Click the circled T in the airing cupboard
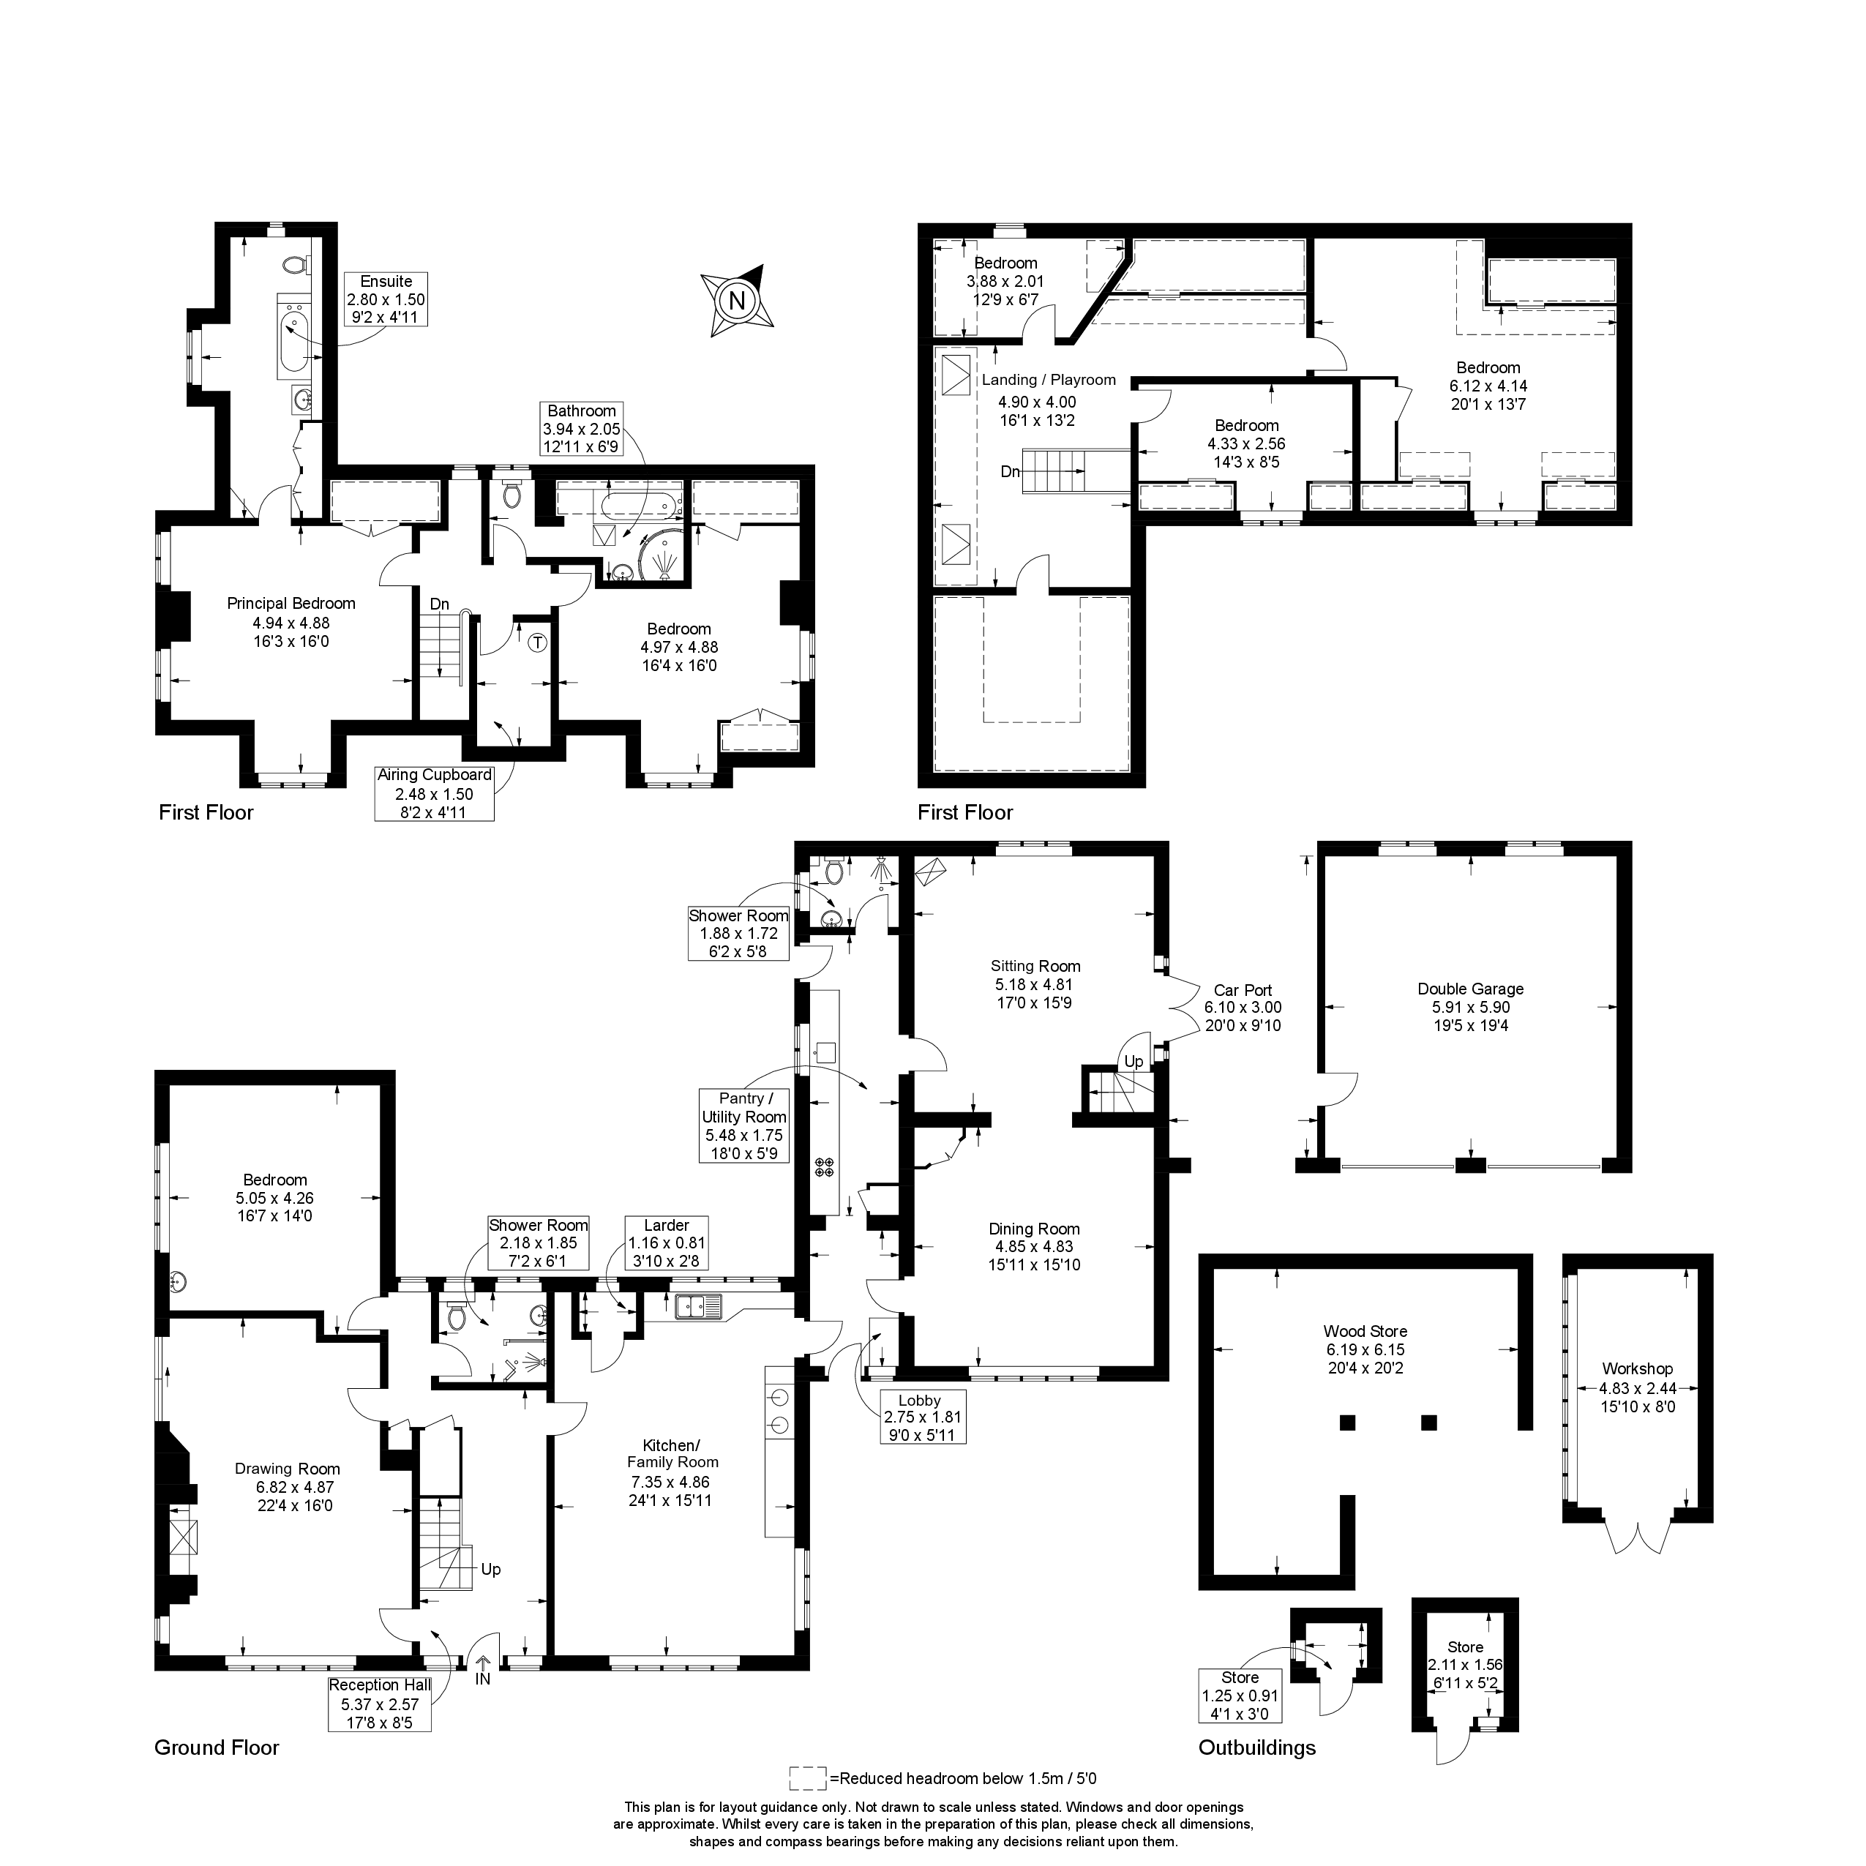click(x=538, y=641)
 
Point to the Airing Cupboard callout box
click(x=435, y=793)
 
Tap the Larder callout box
click(x=667, y=1242)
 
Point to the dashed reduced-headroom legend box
click(x=807, y=1805)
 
